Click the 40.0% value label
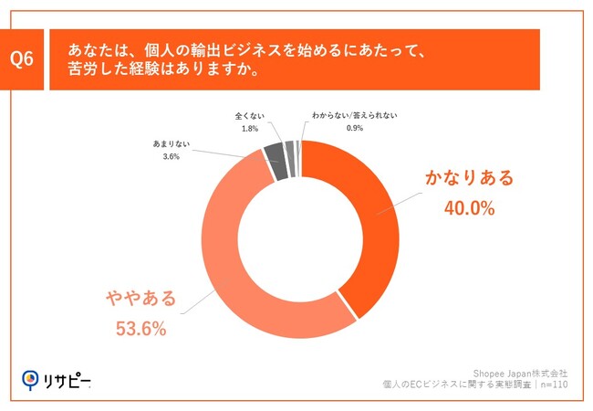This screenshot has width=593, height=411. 469,208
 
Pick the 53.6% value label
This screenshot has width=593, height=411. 141,329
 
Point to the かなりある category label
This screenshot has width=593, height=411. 469,178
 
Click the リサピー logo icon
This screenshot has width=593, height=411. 30,379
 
